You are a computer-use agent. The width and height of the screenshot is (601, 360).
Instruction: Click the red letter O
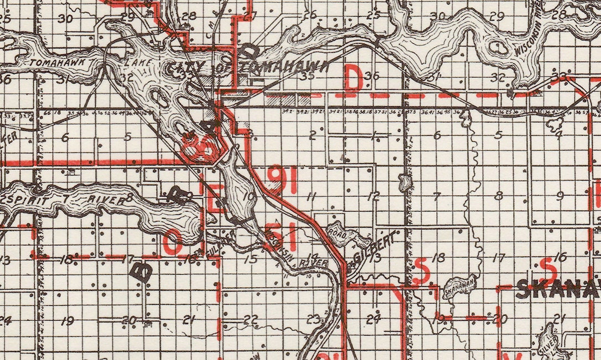173,242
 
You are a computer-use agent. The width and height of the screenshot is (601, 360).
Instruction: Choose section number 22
251,320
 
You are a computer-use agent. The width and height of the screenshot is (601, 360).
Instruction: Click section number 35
306,76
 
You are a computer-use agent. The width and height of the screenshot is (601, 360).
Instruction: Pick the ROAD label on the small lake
339,234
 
